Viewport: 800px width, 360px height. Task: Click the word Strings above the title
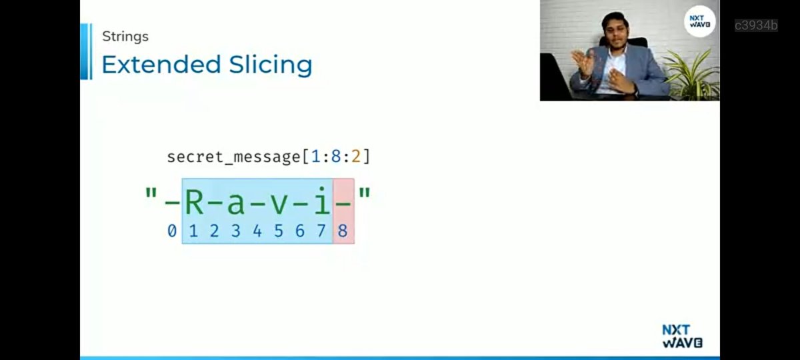(125, 36)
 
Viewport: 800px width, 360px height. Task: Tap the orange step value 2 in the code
(356, 157)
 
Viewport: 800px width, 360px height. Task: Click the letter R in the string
(193, 201)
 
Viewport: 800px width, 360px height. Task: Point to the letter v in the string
(279, 203)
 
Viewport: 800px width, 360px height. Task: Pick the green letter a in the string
(236, 203)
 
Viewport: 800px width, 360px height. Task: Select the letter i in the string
(322, 201)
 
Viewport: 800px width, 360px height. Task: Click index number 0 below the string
(172, 231)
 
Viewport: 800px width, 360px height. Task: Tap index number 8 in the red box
(343, 231)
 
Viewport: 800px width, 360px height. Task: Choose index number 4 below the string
(257, 231)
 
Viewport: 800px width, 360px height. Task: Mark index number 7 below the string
(321, 231)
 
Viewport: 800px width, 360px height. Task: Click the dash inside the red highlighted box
(343, 203)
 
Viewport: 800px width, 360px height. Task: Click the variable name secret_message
(233, 157)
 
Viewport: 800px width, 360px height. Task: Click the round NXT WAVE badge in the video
(700, 21)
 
